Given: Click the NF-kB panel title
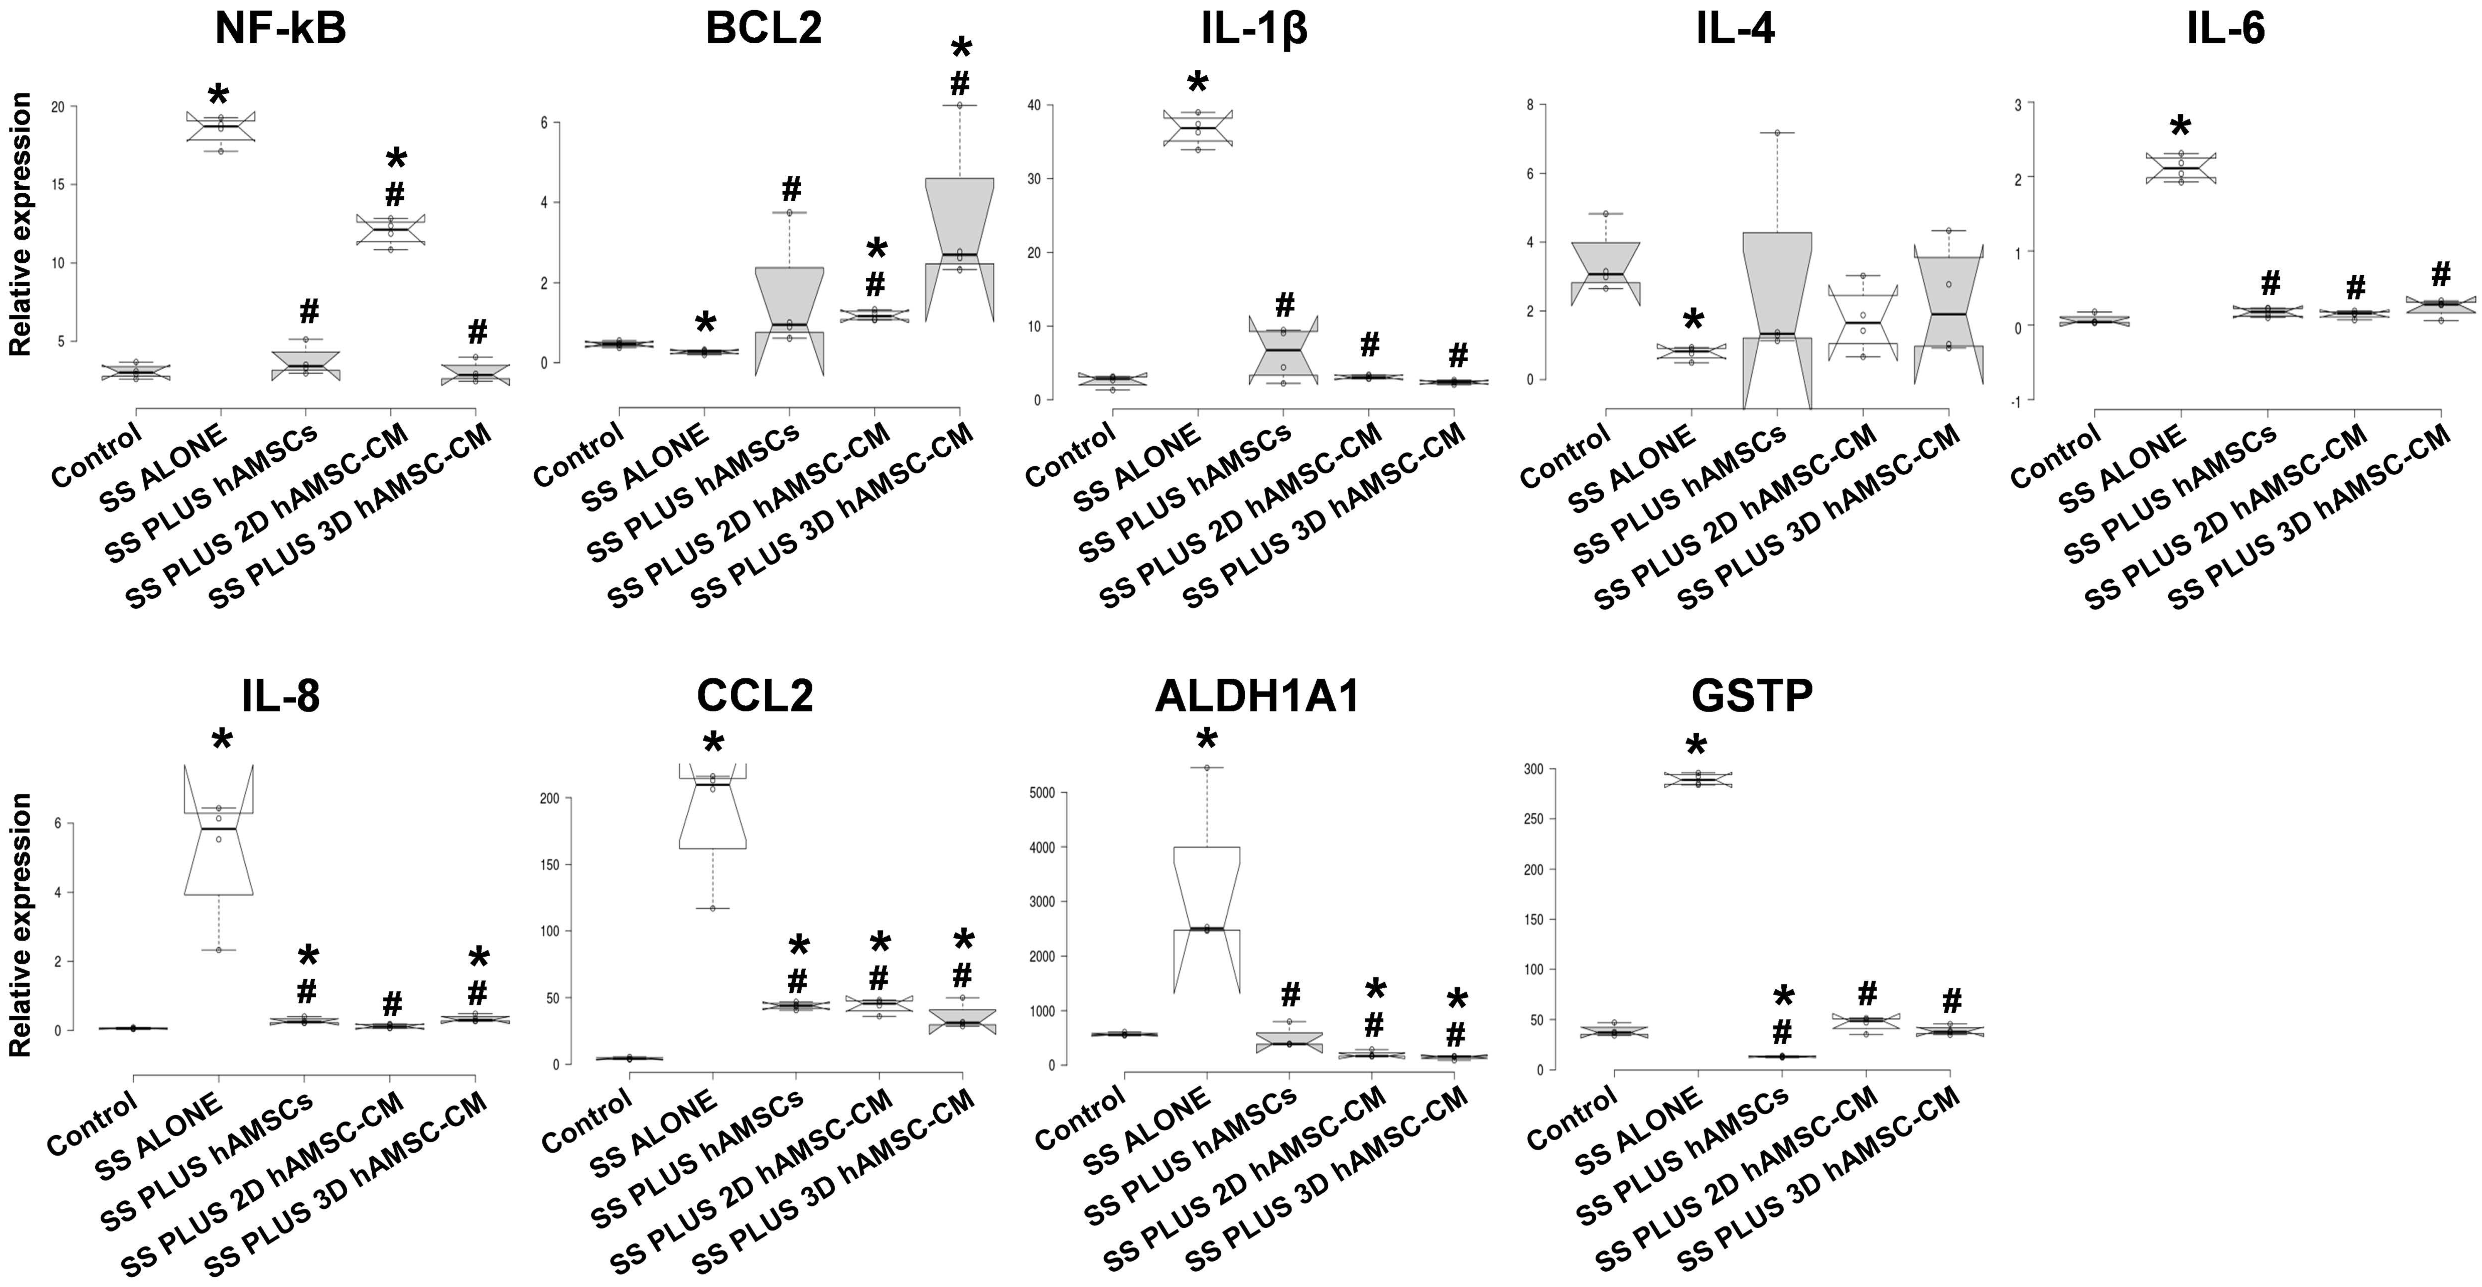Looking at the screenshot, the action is [x=280, y=29].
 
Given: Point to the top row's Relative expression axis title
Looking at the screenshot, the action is [x=20, y=224].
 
